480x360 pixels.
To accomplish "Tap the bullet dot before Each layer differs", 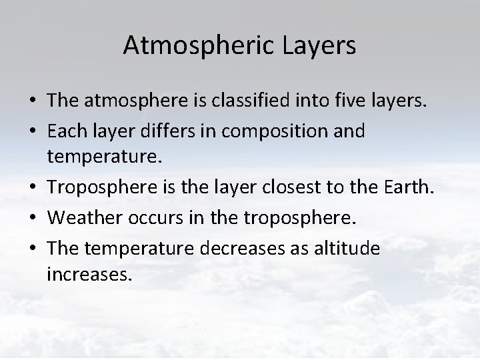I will click(x=32, y=131).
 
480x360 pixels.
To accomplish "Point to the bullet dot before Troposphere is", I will click(x=32, y=190).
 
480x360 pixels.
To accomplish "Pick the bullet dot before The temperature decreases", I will click(x=32, y=249).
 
